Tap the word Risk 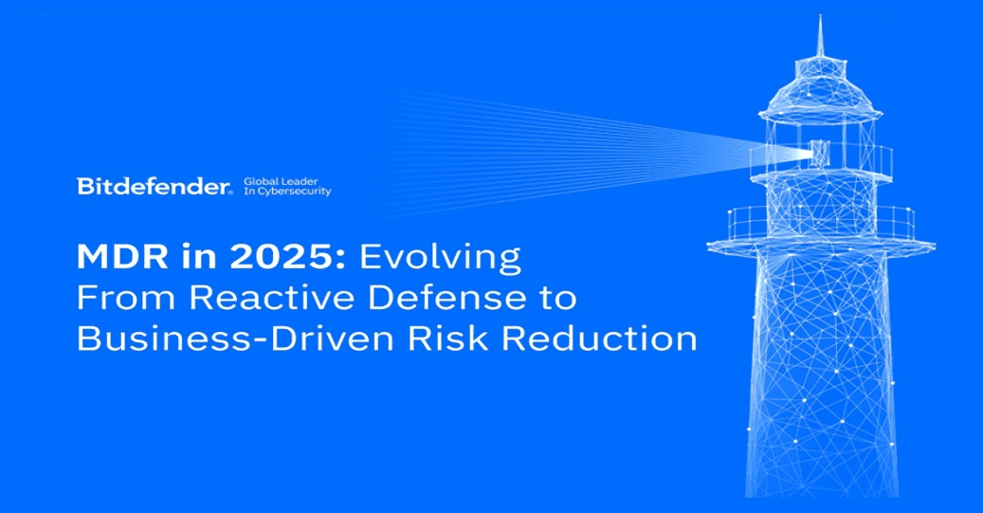[x=458, y=339]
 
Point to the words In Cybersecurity [x=287, y=192]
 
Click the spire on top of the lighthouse [x=821, y=43]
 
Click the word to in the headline [x=553, y=299]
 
